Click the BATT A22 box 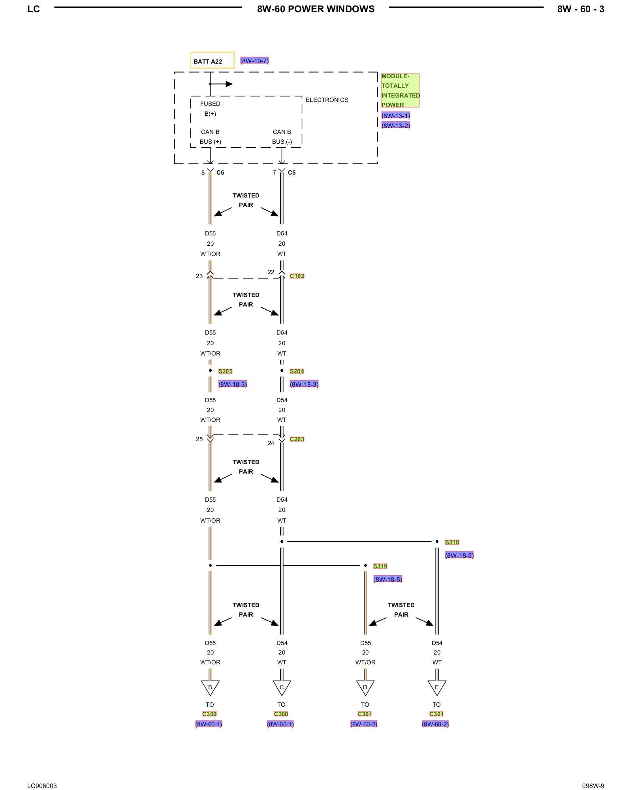click(212, 60)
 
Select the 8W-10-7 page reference click(254, 61)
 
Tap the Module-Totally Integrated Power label click(400, 90)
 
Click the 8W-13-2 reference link click(395, 126)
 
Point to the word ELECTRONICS click(327, 100)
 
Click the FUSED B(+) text click(210, 109)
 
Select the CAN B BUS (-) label click(282, 137)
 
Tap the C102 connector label click(297, 276)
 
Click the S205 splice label click(225, 371)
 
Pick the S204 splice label click(297, 371)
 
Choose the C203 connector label click(297, 439)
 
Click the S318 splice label click(452, 542)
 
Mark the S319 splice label click(380, 566)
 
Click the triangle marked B click(210, 687)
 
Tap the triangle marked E click(437, 687)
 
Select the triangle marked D click(365, 687)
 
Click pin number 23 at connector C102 click(199, 276)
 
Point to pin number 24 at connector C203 click(271, 443)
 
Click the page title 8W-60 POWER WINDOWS click(316, 9)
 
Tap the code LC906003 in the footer click(42, 786)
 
